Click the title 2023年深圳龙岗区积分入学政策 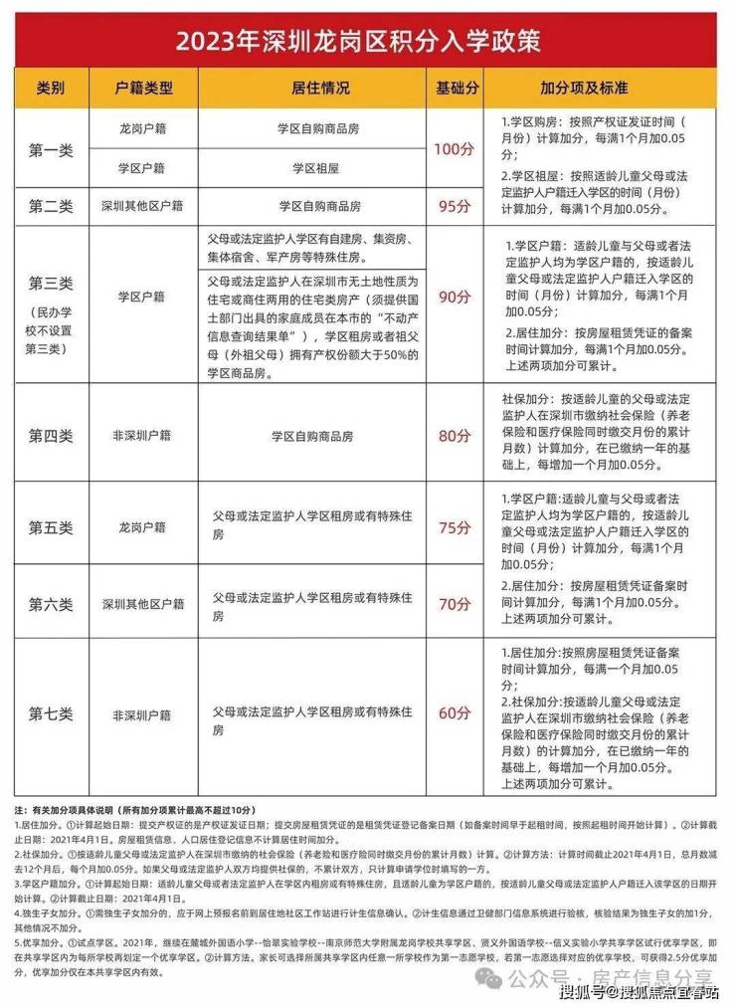click(x=368, y=41)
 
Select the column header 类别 click(x=51, y=89)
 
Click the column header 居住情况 click(x=322, y=89)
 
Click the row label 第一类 click(x=51, y=150)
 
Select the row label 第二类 click(x=51, y=206)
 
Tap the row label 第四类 click(x=51, y=435)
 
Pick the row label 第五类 click(x=51, y=527)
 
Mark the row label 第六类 click(x=51, y=603)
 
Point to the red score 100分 click(x=454, y=149)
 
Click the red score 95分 click(x=454, y=206)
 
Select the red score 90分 click(x=454, y=297)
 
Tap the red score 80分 click(x=454, y=435)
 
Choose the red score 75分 click(x=454, y=527)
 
